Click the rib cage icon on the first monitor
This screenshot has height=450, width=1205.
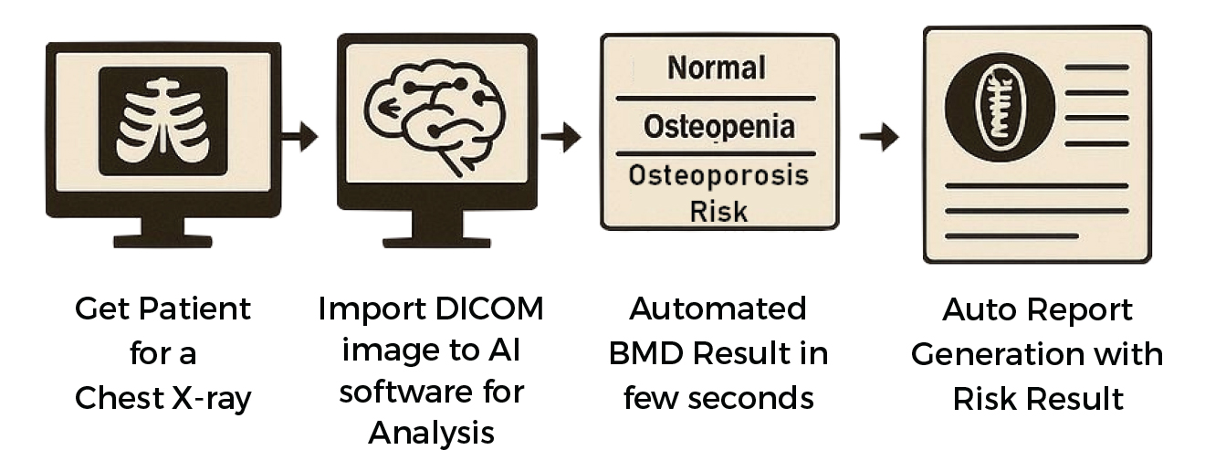point(162,121)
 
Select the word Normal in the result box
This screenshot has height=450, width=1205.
point(717,68)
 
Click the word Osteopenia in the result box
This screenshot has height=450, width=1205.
point(718,127)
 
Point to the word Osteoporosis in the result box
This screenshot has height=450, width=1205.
point(718,176)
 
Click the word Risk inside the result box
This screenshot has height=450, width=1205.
point(718,211)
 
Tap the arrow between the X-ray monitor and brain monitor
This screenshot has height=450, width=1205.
point(299,137)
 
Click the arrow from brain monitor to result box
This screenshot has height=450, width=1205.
point(561,139)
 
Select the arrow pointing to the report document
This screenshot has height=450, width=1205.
point(879,138)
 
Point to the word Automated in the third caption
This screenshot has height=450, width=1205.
point(718,309)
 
